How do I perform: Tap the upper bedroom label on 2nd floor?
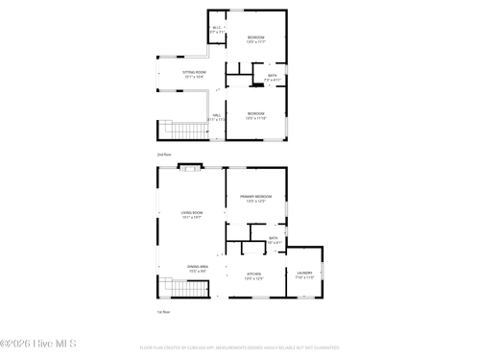click(255, 39)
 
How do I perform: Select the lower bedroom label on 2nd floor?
click(255, 115)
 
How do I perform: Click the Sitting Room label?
click(196, 74)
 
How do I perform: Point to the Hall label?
click(217, 117)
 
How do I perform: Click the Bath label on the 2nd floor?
click(272, 77)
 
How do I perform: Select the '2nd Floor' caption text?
click(164, 154)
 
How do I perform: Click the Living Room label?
click(192, 215)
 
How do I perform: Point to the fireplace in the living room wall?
click(189, 168)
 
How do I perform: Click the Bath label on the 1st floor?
click(274, 238)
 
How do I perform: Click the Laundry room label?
click(304, 276)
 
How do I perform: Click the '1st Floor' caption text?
click(163, 312)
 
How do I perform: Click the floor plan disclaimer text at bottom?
click(240, 348)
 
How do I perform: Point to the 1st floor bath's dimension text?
click(274, 243)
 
